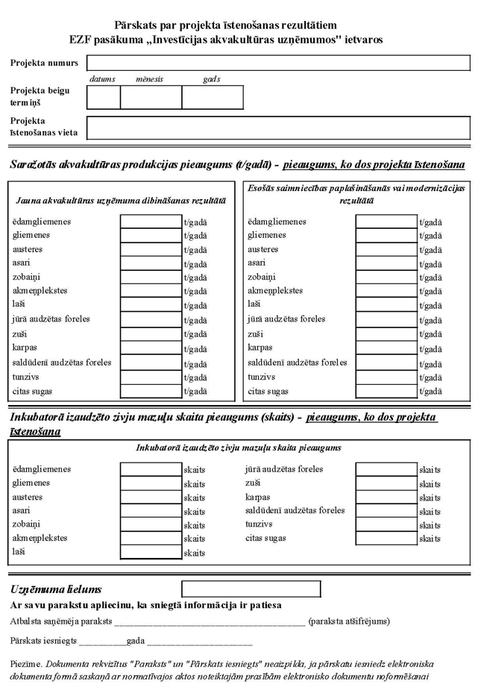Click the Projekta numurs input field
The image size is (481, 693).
point(278,63)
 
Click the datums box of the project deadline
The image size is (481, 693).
point(104,97)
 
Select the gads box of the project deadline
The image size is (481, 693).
point(213,97)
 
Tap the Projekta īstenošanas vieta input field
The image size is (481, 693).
point(278,128)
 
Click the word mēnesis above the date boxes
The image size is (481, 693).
point(149,79)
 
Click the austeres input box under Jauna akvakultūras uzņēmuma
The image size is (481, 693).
point(151,250)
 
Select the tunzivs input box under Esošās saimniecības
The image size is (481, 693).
point(386,377)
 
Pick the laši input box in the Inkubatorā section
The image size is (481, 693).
point(151,553)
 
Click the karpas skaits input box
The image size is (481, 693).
point(386,498)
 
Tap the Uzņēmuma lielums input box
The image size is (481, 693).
point(251,589)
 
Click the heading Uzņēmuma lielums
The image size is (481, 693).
point(56,590)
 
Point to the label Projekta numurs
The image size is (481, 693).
point(44,63)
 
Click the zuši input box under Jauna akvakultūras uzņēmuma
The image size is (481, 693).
point(151,335)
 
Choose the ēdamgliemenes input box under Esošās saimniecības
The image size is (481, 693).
point(386,222)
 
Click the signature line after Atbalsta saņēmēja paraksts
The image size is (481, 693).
point(209,622)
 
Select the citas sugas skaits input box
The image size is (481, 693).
point(386,539)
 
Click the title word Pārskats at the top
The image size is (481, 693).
point(134,26)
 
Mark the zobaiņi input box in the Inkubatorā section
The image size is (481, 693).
point(151,525)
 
